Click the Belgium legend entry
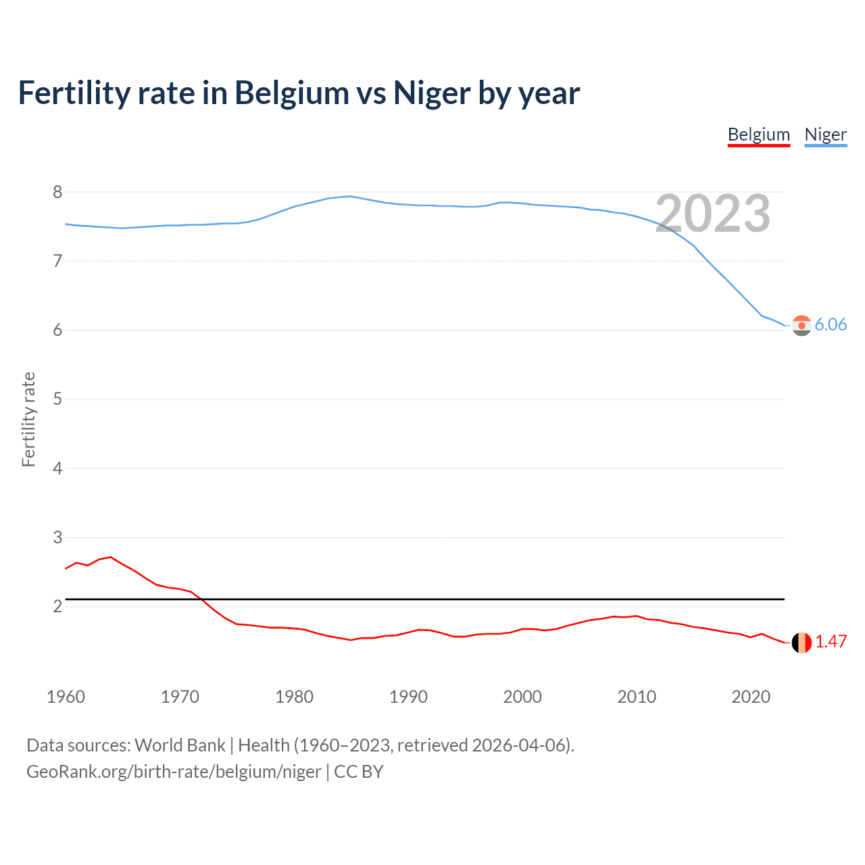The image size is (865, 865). click(x=758, y=134)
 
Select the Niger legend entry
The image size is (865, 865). click(x=825, y=134)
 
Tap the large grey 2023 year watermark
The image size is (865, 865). click(x=712, y=214)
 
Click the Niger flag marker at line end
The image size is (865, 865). click(x=801, y=325)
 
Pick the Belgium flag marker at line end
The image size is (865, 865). click(x=801, y=643)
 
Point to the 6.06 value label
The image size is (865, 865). click(x=831, y=324)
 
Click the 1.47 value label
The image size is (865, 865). click(x=831, y=641)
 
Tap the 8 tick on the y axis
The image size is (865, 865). click(x=57, y=192)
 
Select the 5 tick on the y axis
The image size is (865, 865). click(x=57, y=399)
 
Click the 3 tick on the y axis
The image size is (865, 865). click(x=57, y=537)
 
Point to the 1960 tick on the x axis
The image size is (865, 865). click(x=66, y=697)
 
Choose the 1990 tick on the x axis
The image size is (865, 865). click(x=408, y=697)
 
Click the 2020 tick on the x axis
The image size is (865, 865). click(x=751, y=697)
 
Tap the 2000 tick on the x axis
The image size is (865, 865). click(x=522, y=697)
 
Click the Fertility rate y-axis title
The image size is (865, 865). click(x=28, y=419)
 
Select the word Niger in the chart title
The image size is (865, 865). click(x=432, y=93)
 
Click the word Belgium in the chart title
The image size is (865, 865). click(x=291, y=93)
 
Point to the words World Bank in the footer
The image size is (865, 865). click(x=180, y=745)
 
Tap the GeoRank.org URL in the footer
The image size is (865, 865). click(x=174, y=772)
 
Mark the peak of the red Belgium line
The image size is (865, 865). click(x=111, y=557)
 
